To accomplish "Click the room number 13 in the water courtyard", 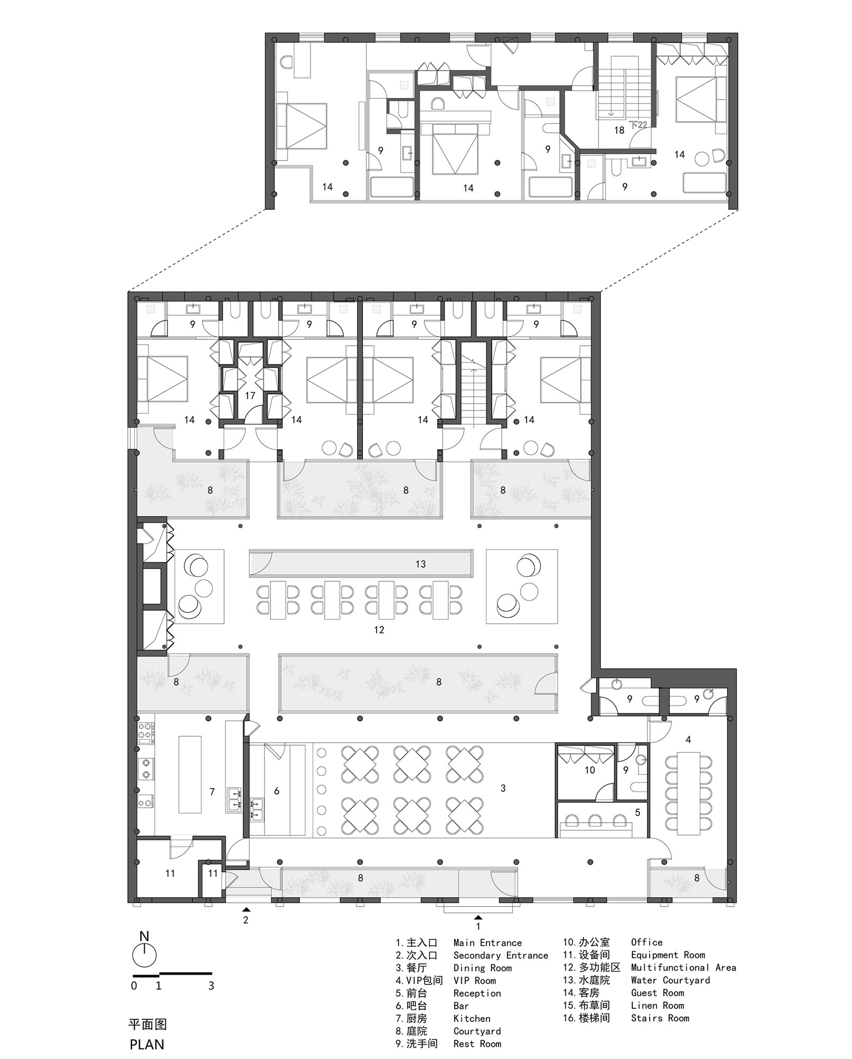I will tap(420, 564).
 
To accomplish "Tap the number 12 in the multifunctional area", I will tap(379, 630).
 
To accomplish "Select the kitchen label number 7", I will tap(212, 792).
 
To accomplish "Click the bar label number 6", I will tap(277, 791).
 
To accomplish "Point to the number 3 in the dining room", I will tap(503, 788).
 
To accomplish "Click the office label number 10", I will tap(590, 770).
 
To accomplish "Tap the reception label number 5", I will tap(637, 812).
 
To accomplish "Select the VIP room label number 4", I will tap(688, 740).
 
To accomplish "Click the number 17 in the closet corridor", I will tap(250, 396).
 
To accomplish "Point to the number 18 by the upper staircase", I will tap(619, 130).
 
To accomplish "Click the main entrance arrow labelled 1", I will tap(478, 917).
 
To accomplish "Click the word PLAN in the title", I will tap(147, 1044).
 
